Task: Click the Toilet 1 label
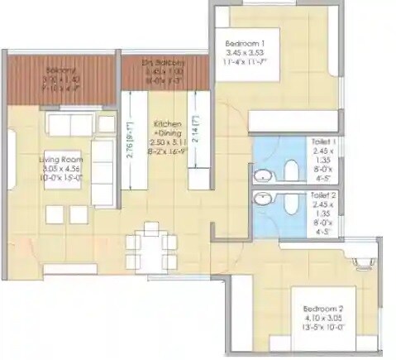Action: tap(321, 143)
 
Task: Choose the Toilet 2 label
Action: tap(321, 196)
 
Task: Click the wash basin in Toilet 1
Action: tap(261, 175)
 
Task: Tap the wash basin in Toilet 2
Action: tap(261, 199)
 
